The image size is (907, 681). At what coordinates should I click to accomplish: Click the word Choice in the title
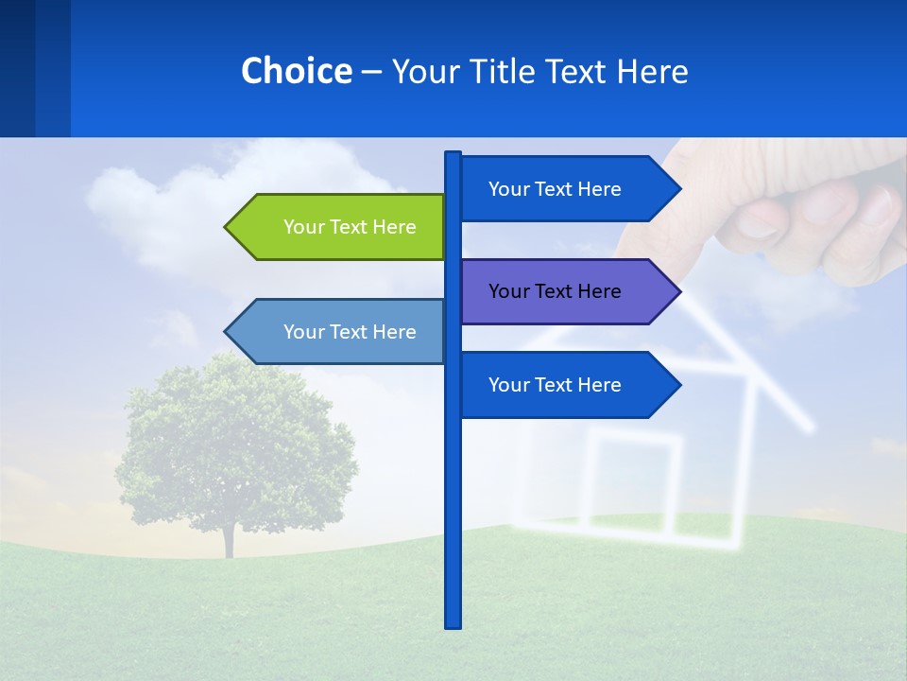point(296,71)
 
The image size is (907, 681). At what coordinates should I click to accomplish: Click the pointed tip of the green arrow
point(228,227)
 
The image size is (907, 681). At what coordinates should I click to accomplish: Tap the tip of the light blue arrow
point(228,332)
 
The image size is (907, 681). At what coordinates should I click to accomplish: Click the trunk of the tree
point(228,539)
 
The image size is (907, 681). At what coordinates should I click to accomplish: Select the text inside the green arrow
point(350,227)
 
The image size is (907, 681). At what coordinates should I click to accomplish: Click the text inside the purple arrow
point(555,291)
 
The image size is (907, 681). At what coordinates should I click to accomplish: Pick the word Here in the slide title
point(652,71)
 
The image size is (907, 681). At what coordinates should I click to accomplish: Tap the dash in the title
point(371,72)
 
